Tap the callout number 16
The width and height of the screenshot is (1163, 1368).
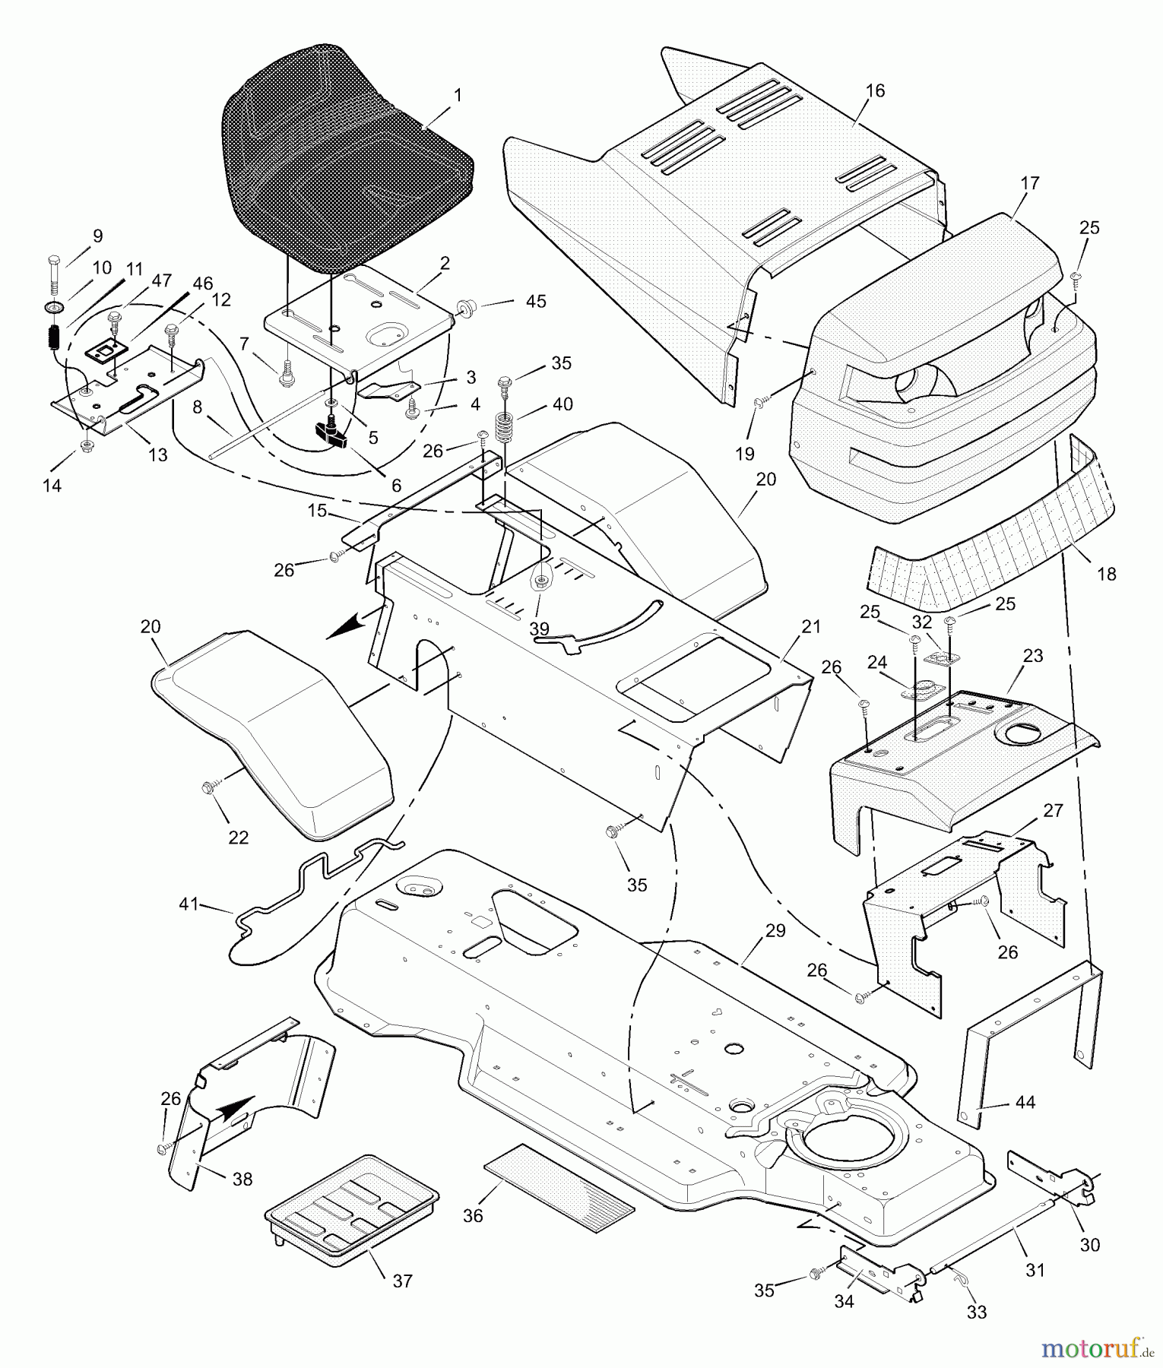pos(875,91)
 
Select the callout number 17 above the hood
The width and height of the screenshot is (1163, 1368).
pos(1030,183)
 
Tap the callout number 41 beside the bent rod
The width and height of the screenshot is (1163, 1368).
pos(189,904)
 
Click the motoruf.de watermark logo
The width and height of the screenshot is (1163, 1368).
pos(1095,1349)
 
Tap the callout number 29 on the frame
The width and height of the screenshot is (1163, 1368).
pos(775,931)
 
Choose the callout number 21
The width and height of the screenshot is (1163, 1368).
pos(810,627)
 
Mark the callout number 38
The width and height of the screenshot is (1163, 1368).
pos(243,1180)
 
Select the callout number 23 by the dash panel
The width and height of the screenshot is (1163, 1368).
pos(1033,655)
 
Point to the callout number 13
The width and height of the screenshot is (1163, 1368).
pos(157,454)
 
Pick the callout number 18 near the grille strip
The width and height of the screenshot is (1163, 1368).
pos(1107,574)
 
